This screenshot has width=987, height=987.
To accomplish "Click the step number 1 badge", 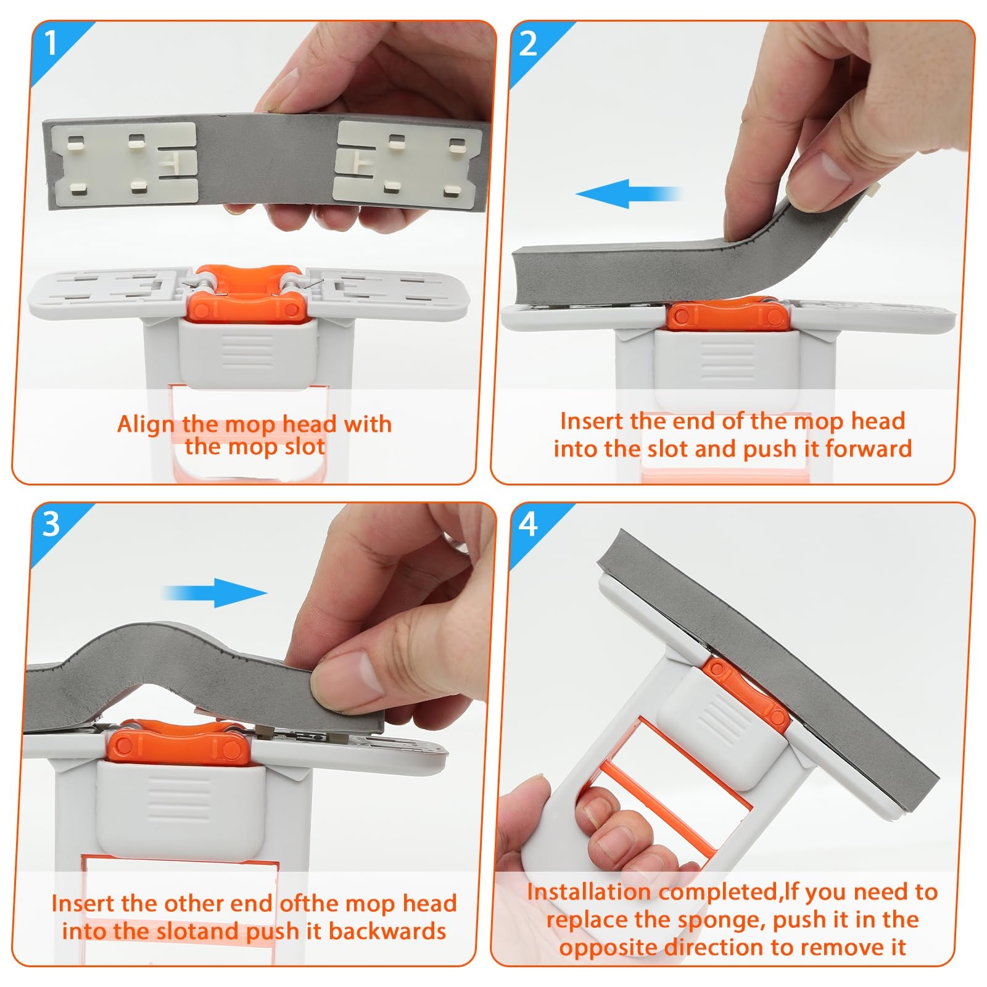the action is point(51,43).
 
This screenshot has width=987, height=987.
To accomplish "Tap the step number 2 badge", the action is point(528,44).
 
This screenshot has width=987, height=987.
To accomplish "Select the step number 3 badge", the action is point(51,524).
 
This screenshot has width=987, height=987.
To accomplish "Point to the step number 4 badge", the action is point(529,524).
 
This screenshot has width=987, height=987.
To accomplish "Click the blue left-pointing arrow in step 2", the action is point(628,193).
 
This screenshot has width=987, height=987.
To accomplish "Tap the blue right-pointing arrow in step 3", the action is point(214,593).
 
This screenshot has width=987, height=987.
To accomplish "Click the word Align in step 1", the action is point(147,425).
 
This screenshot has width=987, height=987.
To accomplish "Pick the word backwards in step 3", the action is point(387,931).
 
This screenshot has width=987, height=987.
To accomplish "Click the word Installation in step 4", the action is point(588,892).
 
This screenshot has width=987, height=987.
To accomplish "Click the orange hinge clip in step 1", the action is point(247,294).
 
